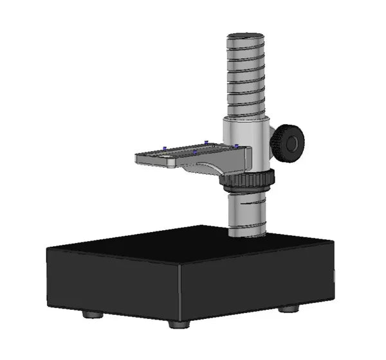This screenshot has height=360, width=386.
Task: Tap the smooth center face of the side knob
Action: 293,143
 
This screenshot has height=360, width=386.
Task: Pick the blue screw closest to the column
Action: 237,147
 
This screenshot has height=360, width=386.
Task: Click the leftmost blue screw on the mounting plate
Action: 165,148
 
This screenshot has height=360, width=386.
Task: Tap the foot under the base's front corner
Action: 179,323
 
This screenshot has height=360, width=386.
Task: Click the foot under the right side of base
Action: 288,309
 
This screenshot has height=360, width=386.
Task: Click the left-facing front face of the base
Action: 113,283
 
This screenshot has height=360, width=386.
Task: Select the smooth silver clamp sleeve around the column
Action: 244,138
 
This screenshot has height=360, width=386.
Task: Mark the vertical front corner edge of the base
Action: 179,289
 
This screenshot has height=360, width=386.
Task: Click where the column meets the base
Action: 248,233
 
